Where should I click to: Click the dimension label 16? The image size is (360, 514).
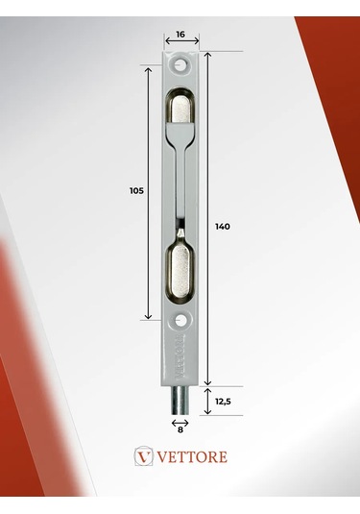(180, 34)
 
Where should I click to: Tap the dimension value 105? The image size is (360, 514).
(136, 190)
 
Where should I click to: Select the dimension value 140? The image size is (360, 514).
(223, 226)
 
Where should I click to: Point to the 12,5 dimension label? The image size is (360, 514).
(223, 402)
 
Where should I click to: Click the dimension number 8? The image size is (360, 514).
(180, 429)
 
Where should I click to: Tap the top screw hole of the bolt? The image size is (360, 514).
(180, 65)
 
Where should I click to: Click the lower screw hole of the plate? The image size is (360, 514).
(180, 320)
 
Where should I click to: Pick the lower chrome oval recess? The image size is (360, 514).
(180, 272)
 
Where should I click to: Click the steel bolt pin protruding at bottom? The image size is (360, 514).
(180, 401)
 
